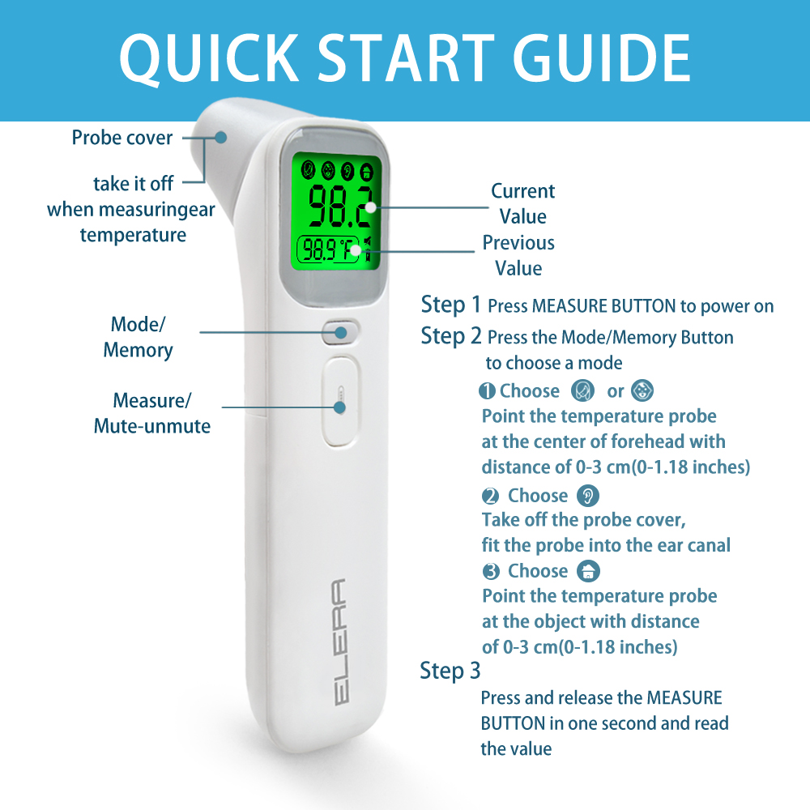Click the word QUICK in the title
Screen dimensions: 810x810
(x=209, y=58)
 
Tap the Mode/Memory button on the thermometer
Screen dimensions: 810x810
(x=340, y=332)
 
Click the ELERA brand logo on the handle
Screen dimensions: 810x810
(x=340, y=642)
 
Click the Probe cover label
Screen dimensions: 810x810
(x=122, y=138)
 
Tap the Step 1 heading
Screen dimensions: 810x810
(x=451, y=305)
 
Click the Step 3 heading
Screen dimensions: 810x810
(x=450, y=671)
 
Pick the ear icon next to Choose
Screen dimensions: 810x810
(x=588, y=496)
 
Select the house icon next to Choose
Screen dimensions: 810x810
(x=588, y=571)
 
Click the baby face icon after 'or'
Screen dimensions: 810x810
(x=642, y=390)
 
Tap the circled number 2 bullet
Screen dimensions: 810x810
(x=490, y=496)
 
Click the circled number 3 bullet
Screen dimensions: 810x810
(x=491, y=571)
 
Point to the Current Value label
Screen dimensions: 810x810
(x=522, y=203)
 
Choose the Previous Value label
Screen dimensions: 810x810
(x=518, y=255)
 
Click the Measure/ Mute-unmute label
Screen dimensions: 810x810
(x=152, y=413)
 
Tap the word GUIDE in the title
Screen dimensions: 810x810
(x=602, y=58)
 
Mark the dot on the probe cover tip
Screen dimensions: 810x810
(x=221, y=138)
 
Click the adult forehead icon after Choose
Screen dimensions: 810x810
(x=582, y=390)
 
